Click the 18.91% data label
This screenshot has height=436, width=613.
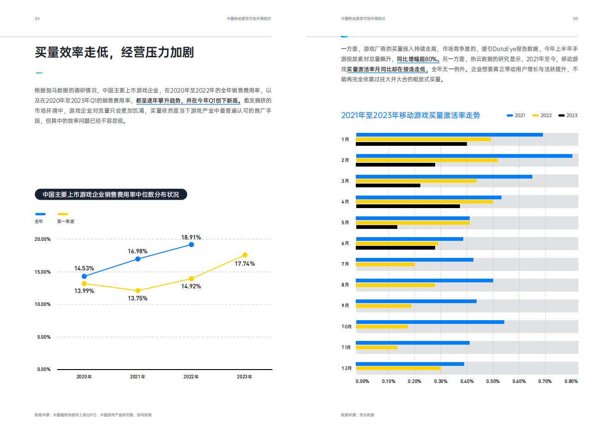tap(191, 238)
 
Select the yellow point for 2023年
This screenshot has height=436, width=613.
tap(245, 255)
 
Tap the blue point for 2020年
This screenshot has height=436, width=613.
tap(84, 276)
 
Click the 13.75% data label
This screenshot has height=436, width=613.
tap(137, 299)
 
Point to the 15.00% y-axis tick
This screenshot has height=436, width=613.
tap(43, 272)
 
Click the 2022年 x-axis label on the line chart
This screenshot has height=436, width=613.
tap(191, 377)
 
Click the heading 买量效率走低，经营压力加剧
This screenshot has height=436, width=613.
tap(114, 52)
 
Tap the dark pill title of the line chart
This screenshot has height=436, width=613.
tap(111, 195)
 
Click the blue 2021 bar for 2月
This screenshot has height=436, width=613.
tap(464, 156)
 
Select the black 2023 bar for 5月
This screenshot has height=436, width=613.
tap(376, 227)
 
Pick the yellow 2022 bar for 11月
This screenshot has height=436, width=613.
tap(376, 347)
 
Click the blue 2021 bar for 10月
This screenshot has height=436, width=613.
tap(430, 322)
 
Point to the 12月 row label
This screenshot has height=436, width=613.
tap(347, 368)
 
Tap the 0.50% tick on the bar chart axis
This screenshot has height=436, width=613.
tap(493, 382)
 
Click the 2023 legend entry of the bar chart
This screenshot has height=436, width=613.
tap(568, 115)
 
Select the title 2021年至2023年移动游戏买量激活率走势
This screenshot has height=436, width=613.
tap(410, 115)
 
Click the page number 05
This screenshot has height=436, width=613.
tap(575, 19)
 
